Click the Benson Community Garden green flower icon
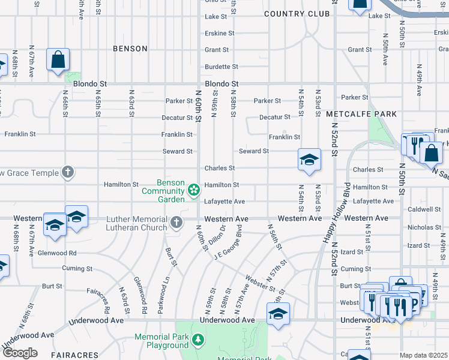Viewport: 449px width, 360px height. (x=194, y=190)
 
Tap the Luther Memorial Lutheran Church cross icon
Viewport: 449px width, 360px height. (x=176, y=223)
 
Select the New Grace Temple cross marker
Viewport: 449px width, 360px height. (x=68, y=173)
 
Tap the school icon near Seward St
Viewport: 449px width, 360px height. (x=309, y=160)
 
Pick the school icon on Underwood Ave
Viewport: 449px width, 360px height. (x=278, y=314)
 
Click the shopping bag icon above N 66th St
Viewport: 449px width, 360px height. (x=58, y=60)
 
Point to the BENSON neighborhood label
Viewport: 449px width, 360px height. (x=130, y=49)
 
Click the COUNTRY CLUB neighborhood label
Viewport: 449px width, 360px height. (x=297, y=14)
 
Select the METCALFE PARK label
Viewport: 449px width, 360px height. (x=362, y=114)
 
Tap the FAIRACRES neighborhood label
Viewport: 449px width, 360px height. (x=74, y=355)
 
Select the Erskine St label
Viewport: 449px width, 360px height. (x=220, y=34)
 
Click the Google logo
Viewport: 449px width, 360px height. (x=19, y=353)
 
